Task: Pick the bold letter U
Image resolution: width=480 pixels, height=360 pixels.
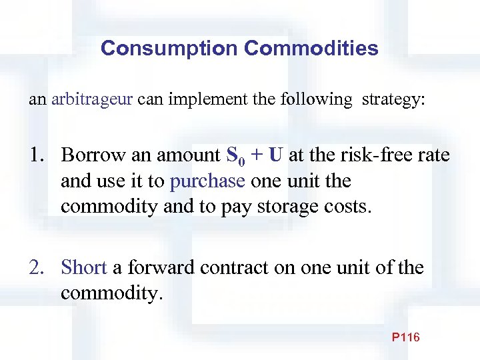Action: (277, 156)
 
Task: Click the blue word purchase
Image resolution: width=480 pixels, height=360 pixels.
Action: (208, 181)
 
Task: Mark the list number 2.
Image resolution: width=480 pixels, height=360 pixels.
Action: (37, 268)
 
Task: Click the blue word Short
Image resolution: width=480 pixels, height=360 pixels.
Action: (83, 268)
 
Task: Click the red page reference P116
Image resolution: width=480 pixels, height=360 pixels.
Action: (405, 337)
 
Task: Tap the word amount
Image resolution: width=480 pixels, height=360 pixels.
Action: (187, 155)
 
